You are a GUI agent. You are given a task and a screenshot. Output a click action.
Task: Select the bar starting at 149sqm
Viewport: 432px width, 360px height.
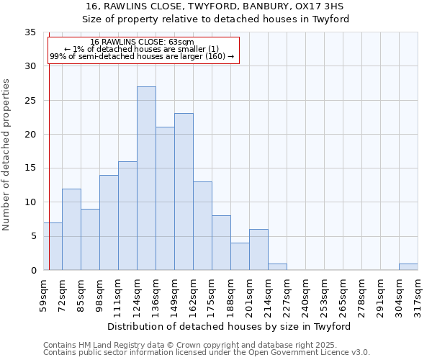pos(184,192)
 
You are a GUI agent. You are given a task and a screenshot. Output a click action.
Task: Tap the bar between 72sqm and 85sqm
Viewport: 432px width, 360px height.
pos(71,229)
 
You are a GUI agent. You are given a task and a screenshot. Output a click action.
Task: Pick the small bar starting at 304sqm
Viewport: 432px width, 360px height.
pos(408,266)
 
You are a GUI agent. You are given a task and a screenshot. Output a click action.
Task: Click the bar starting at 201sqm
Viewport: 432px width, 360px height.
pos(258,249)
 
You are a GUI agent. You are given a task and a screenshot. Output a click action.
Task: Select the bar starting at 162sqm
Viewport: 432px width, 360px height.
pos(202,225)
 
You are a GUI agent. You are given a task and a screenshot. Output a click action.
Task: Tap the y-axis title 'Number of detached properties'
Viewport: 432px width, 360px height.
pos(7,155)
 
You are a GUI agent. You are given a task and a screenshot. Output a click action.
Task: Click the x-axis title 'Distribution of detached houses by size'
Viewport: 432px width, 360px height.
pos(233,326)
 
